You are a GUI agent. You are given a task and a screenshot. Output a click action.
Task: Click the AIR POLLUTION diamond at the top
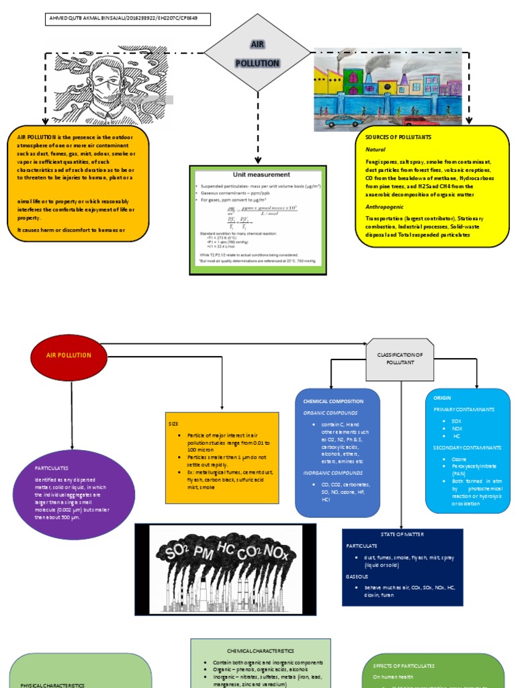coord(257,52)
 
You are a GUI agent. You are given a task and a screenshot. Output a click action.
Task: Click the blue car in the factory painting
coord(343,121)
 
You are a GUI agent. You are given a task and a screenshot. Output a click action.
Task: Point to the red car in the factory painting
coord(421,121)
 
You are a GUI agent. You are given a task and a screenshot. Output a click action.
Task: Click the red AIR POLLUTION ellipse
coord(69,355)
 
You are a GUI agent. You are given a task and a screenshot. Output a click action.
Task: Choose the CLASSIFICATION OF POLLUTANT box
coord(400,358)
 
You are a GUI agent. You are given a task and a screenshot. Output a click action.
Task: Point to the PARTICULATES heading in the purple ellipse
coord(52,468)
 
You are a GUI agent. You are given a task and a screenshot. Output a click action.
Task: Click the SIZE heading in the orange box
coord(173,425)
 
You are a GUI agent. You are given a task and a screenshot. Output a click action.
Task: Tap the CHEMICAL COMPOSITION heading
coord(333,401)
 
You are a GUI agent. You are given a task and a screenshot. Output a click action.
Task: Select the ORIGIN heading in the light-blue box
coord(442,398)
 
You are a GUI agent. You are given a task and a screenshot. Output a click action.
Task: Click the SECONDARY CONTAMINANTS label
coord(467,447)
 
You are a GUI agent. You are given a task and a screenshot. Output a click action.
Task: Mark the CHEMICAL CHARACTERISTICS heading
coord(260,651)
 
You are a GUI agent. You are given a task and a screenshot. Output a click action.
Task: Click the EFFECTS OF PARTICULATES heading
coord(404,666)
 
